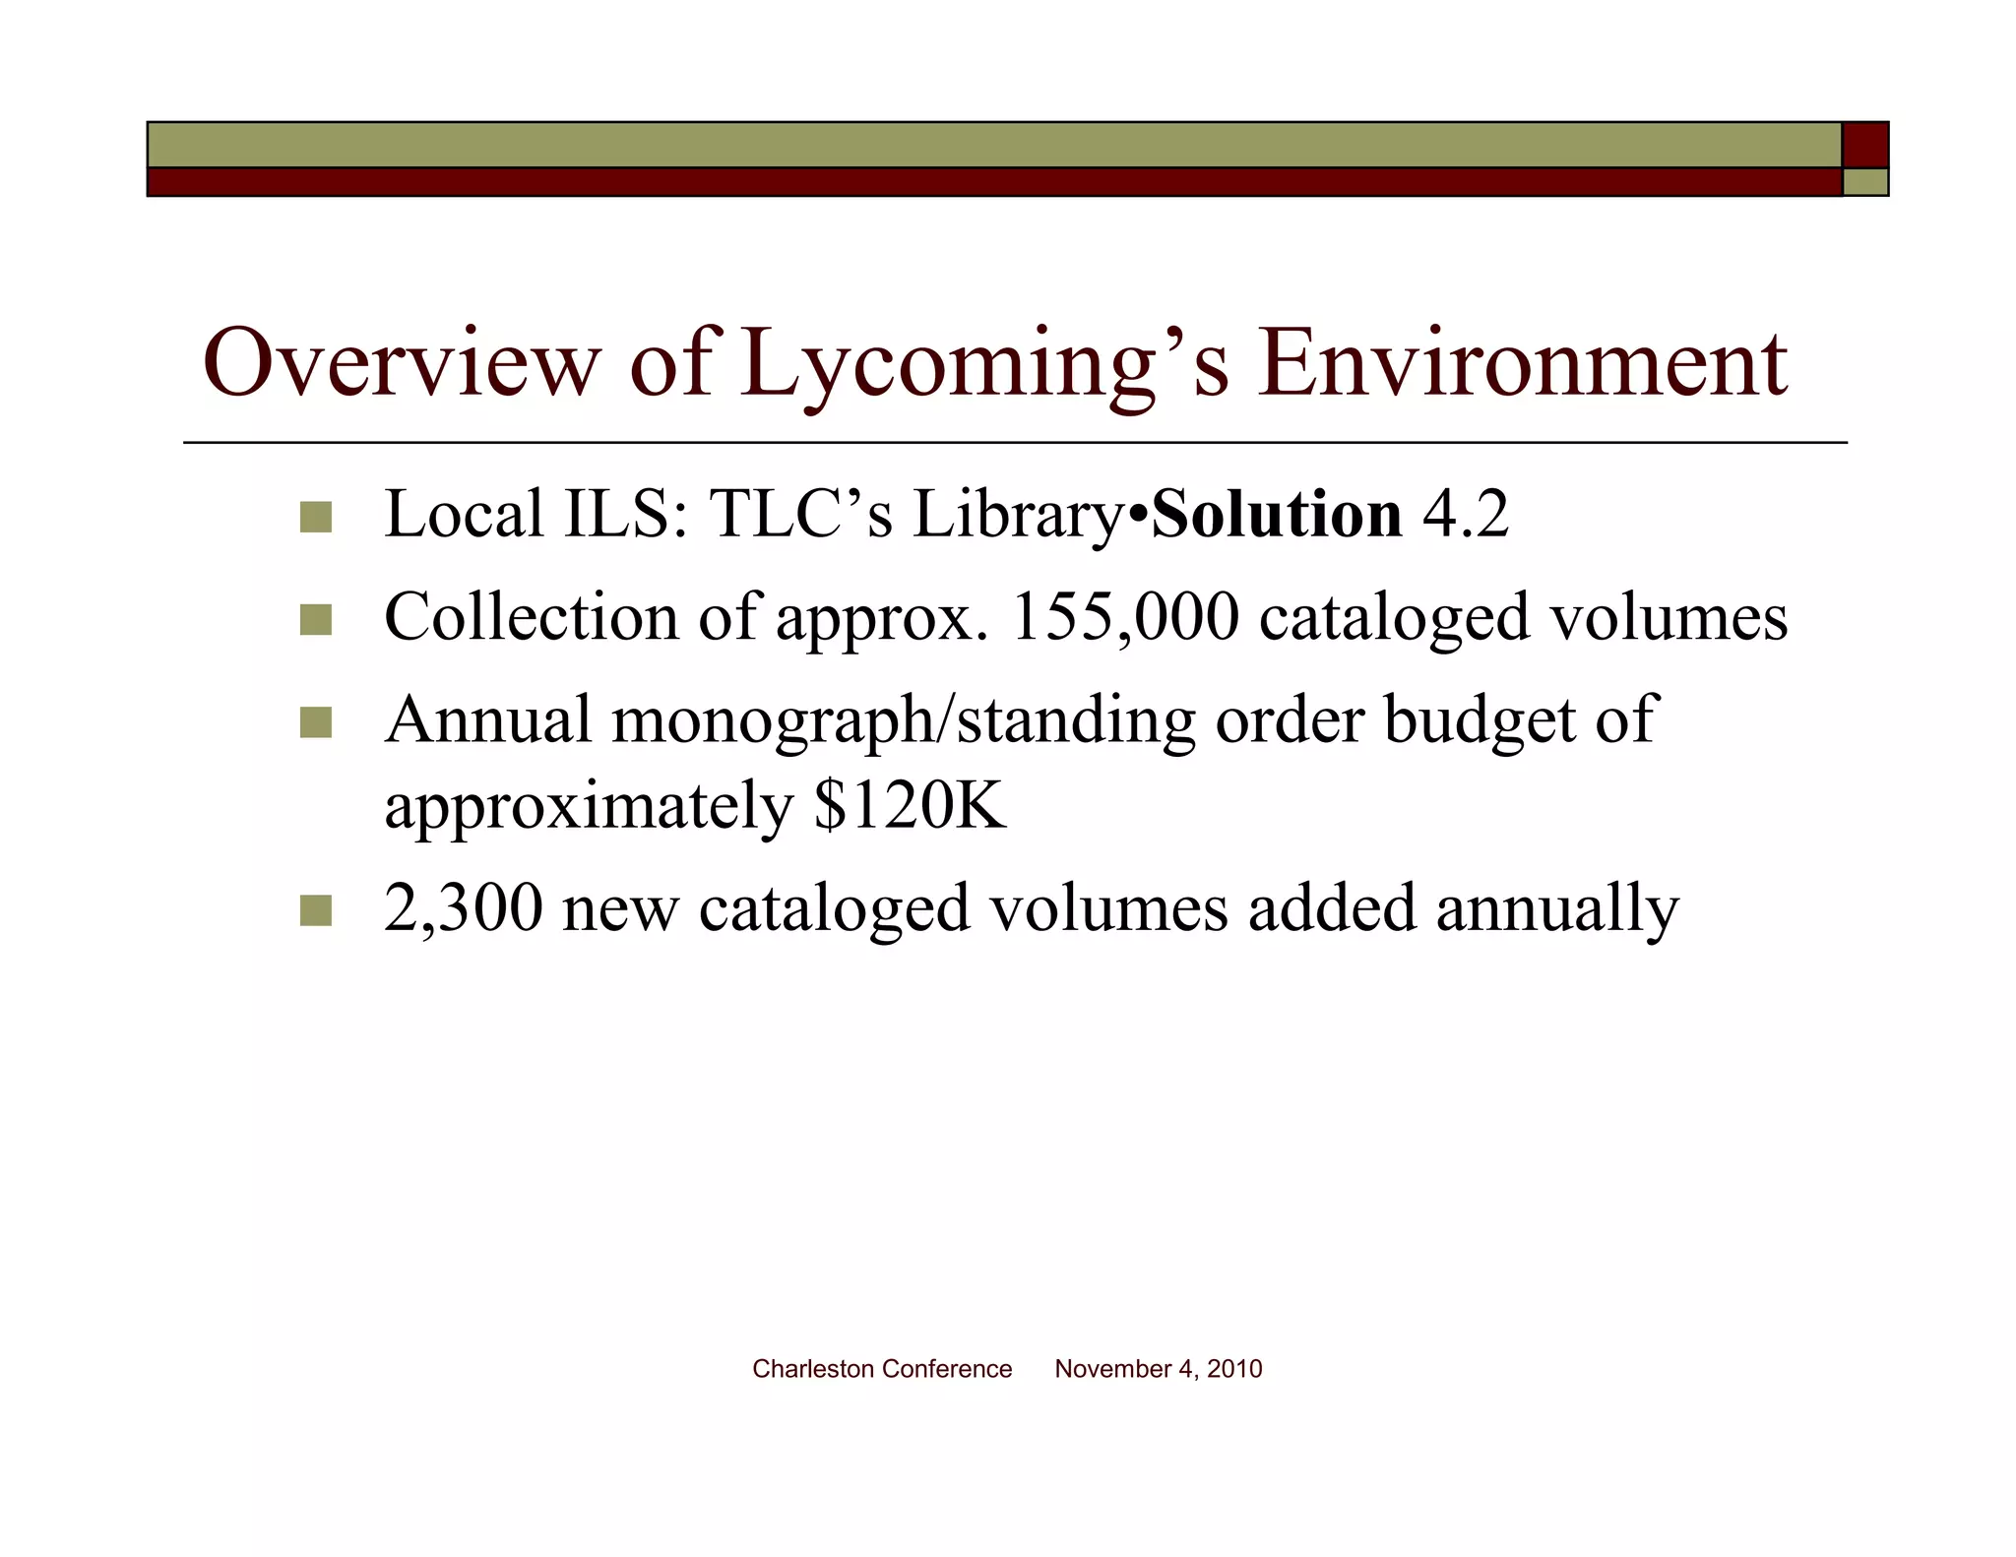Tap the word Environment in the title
(x=1522, y=363)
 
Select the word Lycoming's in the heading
(x=984, y=366)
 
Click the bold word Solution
(x=1277, y=515)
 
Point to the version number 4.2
(x=1465, y=515)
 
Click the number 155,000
(x=1124, y=618)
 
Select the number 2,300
(x=463, y=907)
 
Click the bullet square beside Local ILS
(x=315, y=517)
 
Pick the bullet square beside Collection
(x=315, y=620)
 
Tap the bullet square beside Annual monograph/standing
(x=315, y=723)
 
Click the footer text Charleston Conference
(x=882, y=1369)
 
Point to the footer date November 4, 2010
(x=1158, y=1369)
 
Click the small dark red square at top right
(x=1865, y=145)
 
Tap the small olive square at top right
(x=1865, y=182)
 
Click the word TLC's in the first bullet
(x=800, y=515)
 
